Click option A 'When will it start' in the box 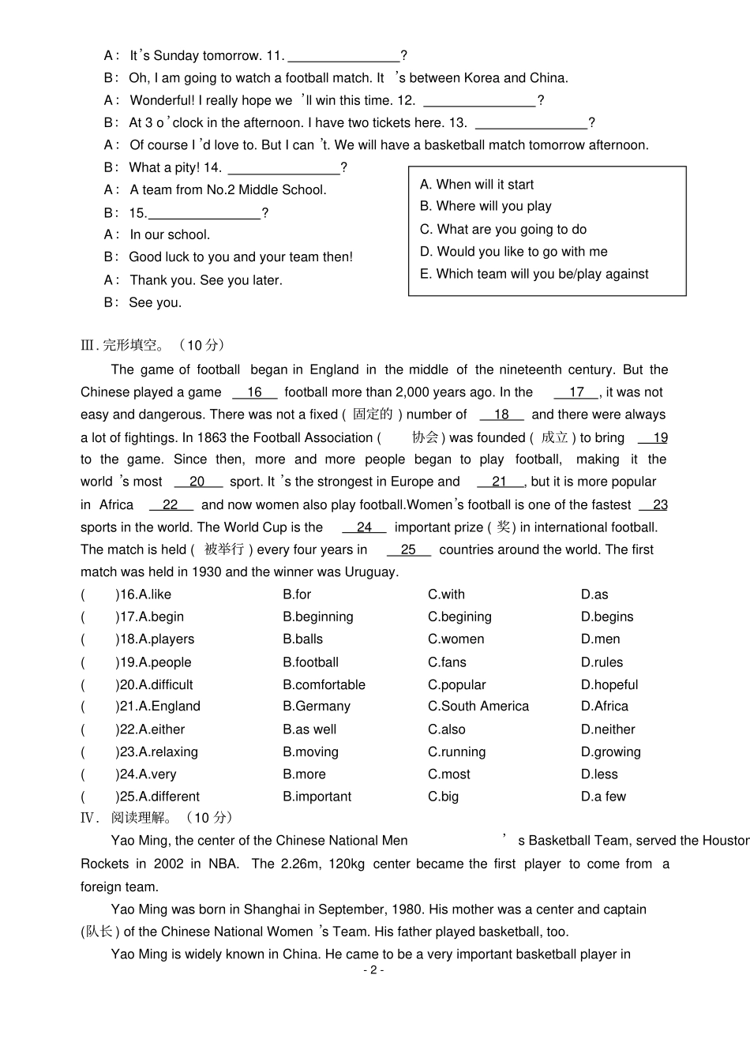click(477, 185)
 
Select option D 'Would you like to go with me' click(514, 252)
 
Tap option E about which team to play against click(534, 274)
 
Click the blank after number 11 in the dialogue click(344, 56)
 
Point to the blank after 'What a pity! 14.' click(283, 168)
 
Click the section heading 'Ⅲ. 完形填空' click(153, 345)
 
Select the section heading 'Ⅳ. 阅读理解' click(157, 818)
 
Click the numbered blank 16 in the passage click(254, 392)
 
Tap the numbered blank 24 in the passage click(364, 527)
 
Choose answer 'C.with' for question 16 click(446, 594)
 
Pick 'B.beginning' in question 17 click(317, 617)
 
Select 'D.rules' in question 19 click(602, 662)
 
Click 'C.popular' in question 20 click(456, 684)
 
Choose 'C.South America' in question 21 click(478, 707)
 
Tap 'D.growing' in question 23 click(610, 752)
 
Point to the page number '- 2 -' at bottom click(373, 970)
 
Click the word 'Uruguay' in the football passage click(371, 572)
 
